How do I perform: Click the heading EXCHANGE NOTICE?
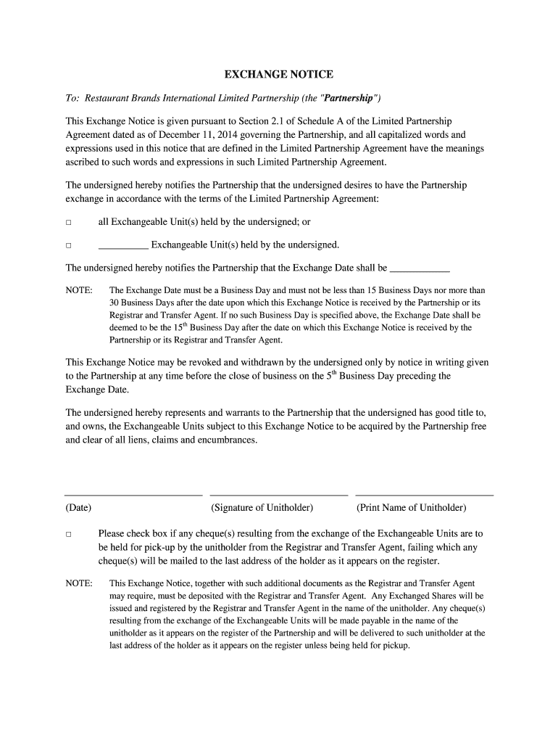coord(278,75)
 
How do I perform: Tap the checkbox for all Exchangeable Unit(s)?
coord(69,223)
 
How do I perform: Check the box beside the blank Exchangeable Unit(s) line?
coord(69,245)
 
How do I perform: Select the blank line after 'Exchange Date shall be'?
coord(420,268)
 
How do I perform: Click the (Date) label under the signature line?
coord(78,508)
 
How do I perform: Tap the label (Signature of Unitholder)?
coord(262,508)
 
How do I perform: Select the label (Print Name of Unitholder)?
coord(411,508)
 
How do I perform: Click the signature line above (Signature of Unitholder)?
coord(278,496)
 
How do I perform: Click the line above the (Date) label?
coord(133,496)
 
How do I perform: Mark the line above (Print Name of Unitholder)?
coord(424,496)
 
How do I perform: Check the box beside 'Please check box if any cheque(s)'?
coord(69,535)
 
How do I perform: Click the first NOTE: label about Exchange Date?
coord(79,290)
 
